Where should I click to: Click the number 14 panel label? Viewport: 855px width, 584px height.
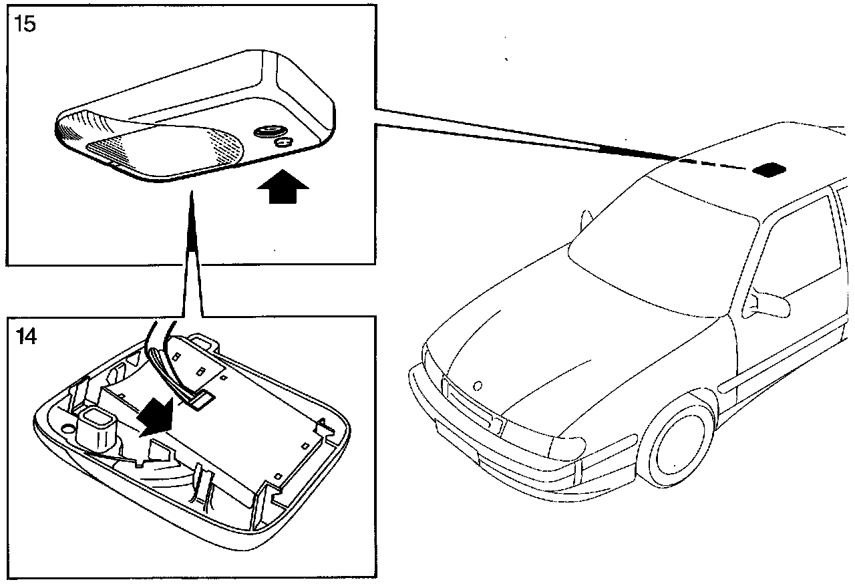click(x=26, y=336)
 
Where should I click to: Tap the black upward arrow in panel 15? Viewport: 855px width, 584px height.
click(x=283, y=187)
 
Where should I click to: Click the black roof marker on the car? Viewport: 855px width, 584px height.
click(x=770, y=168)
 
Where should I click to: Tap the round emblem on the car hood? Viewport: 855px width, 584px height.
click(x=477, y=386)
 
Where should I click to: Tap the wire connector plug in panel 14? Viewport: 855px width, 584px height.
click(x=200, y=400)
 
